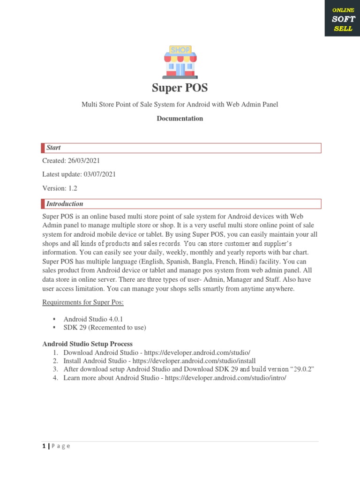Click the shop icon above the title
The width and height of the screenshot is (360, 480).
coord(180,61)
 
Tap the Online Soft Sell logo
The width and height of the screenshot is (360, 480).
coord(343,19)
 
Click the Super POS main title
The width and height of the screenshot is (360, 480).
coord(180,88)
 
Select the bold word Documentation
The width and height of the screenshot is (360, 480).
coord(180,119)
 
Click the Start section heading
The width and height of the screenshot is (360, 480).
coord(53,148)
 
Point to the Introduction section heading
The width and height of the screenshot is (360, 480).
coord(65,204)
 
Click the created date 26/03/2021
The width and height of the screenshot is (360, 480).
coord(84,161)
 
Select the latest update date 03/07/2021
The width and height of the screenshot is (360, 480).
coord(99,174)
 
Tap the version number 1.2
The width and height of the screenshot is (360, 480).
coord(72,188)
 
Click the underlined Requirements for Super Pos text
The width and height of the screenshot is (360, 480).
coord(83,302)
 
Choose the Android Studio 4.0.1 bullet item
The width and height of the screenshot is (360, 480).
coord(93,319)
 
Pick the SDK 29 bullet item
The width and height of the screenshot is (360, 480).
coord(105,328)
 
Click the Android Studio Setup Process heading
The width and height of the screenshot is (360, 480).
coord(88,344)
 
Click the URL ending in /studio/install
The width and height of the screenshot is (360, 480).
coord(194,361)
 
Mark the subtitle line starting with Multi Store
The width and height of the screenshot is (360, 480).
coord(180,105)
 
